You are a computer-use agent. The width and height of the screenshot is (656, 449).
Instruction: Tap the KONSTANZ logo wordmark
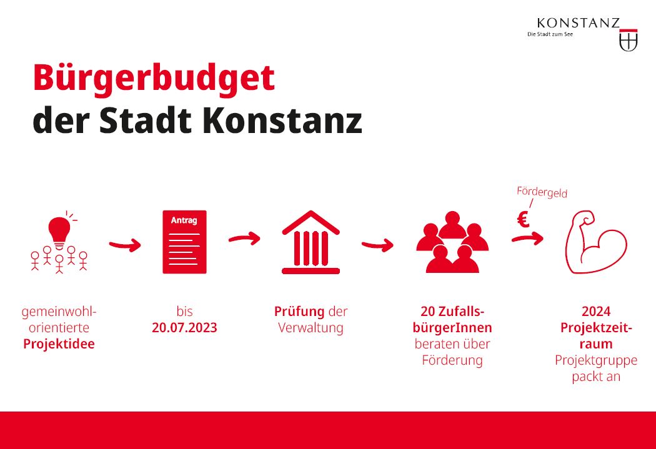(578, 23)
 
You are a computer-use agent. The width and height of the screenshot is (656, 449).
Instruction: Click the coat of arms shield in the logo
(628, 40)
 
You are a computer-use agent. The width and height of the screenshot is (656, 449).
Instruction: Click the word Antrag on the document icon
(184, 220)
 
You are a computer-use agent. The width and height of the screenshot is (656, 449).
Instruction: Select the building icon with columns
(311, 242)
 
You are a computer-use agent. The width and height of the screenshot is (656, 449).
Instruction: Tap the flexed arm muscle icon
(595, 242)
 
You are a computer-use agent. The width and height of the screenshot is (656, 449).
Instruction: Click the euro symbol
(523, 219)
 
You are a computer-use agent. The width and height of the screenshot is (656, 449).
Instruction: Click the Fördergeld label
(542, 192)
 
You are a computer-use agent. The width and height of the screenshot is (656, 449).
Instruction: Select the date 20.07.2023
(184, 327)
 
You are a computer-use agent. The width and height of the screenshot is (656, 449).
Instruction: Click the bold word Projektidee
(59, 343)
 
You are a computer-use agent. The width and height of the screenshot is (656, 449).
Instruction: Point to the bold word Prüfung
(299, 312)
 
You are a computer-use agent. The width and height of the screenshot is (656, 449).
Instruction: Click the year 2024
(596, 312)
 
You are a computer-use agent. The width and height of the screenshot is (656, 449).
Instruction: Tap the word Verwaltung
(311, 327)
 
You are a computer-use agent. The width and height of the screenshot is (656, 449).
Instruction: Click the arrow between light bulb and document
(125, 245)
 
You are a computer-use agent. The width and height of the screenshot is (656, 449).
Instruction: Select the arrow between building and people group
(377, 245)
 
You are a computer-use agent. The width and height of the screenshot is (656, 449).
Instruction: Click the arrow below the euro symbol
(527, 239)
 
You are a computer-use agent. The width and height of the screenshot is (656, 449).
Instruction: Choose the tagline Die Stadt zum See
(550, 34)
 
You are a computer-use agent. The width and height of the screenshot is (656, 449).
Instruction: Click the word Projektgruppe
(596, 360)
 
